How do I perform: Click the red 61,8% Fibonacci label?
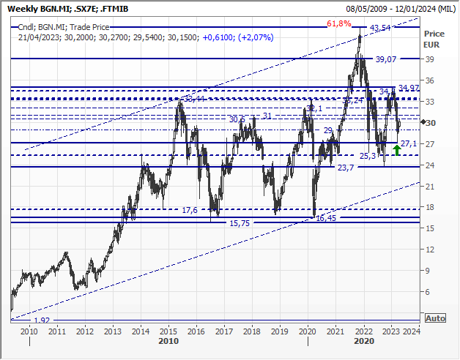tap(338, 24)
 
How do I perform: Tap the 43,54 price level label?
tap(379, 28)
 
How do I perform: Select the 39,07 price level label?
tap(384, 59)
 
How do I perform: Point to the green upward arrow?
tap(396, 150)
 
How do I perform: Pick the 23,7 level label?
tap(345, 168)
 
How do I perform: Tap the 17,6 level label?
tap(189, 210)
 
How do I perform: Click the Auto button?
tap(434, 318)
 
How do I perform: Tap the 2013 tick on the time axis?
tap(113, 331)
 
